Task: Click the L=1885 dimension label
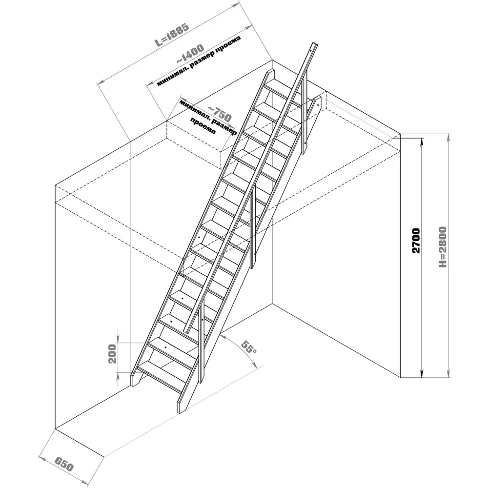[x=172, y=34]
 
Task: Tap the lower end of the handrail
[x=186, y=331]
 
